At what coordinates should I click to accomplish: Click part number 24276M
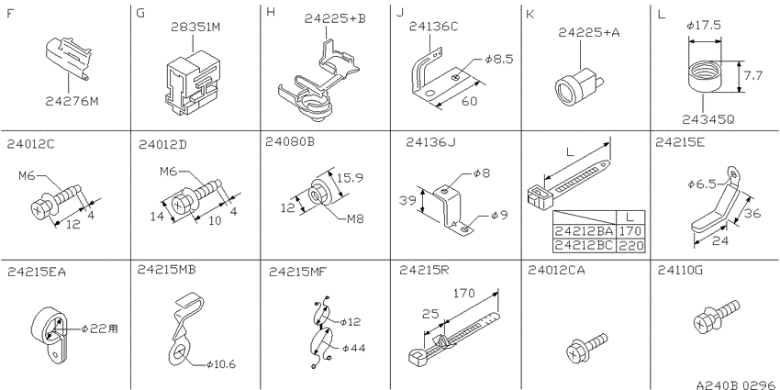72,101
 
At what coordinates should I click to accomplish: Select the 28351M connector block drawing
193,82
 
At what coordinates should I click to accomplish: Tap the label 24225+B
335,18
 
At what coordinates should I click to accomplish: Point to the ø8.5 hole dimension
498,60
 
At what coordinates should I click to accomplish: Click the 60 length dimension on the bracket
469,101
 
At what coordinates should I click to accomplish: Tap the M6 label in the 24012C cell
26,176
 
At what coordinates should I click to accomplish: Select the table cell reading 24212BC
585,245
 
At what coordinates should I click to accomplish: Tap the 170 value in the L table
630,231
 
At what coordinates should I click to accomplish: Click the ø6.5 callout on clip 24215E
702,183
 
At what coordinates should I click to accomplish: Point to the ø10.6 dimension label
221,364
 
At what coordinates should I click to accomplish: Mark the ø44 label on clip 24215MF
352,348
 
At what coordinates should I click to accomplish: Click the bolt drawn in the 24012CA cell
587,348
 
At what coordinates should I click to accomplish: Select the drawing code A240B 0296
737,384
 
